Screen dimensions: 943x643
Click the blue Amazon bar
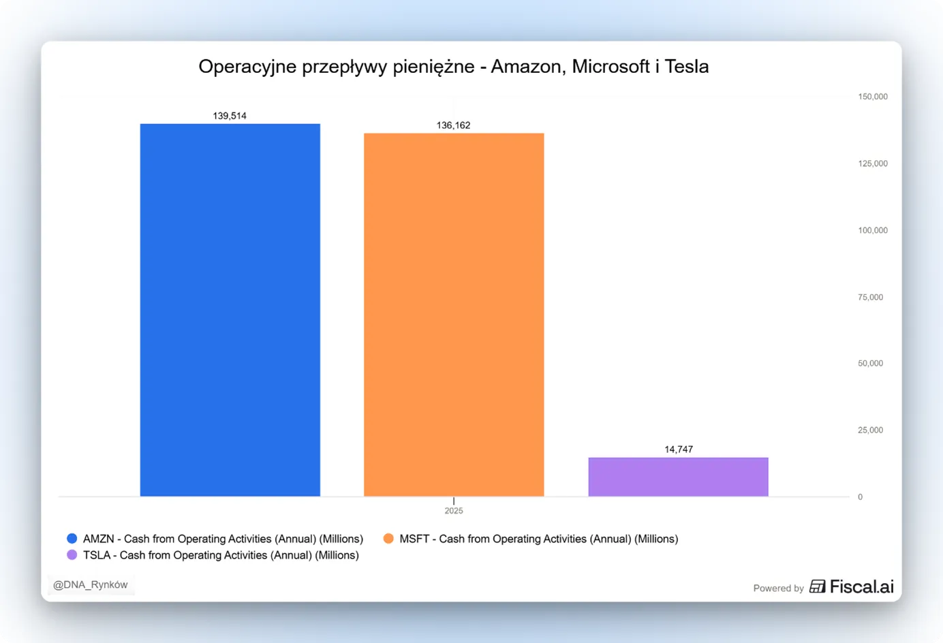click(x=230, y=310)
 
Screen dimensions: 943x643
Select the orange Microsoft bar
click(x=454, y=315)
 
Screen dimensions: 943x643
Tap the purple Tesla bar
click(x=678, y=477)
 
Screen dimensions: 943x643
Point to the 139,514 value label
click(x=230, y=116)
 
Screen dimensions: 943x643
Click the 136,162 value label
click(x=453, y=125)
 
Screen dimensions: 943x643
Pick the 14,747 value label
click(x=679, y=450)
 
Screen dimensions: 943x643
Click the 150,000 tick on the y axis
click(x=873, y=97)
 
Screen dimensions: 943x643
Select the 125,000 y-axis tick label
click(x=873, y=163)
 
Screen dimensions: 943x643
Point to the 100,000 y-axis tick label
click(x=873, y=231)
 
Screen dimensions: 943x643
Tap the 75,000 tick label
click(x=870, y=298)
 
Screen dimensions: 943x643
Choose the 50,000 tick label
click(x=870, y=364)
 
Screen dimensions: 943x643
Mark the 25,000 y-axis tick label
click(x=870, y=430)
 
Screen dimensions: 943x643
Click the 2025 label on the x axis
click(x=454, y=511)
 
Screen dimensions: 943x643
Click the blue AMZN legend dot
click(x=72, y=538)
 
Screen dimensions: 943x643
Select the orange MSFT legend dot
click(x=388, y=538)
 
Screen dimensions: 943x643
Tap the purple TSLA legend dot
click(x=72, y=554)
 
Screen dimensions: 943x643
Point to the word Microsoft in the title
click(x=610, y=67)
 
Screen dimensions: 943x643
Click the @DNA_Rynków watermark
click(x=91, y=585)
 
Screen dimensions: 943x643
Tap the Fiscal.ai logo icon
click(x=817, y=586)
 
